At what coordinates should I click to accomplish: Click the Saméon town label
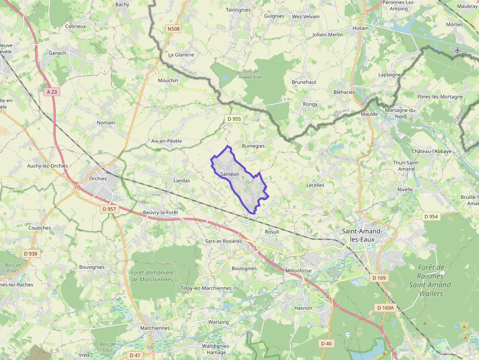click(x=229, y=174)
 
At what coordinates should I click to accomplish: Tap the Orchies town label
click(x=98, y=178)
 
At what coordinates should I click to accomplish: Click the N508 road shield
click(x=174, y=29)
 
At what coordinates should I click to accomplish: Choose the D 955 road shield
click(x=234, y=119)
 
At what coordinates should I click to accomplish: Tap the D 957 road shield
click(x=109, y=209)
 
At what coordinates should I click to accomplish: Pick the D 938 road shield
click(x=30, y=254)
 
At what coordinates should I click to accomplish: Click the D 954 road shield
click(x=431, y=216)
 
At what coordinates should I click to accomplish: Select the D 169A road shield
click(x=385, y=308)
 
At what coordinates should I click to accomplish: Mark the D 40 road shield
click(x=326, y=343)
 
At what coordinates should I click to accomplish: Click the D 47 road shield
click(x=134, y=355)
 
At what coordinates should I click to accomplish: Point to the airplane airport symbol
click(x=457, y=50)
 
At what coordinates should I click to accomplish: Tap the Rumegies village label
click(x=253, y=146)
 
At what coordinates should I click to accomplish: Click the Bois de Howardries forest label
click(x=251, y=74)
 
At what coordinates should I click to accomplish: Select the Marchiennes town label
click(x=155, y=328)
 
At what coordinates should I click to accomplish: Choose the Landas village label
click(x=181, y=180)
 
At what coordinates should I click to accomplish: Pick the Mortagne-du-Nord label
click(x=400, y=113)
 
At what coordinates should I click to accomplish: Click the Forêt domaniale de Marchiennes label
click(x=152, y=276)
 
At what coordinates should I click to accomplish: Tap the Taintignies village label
click(x=238, y=10)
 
